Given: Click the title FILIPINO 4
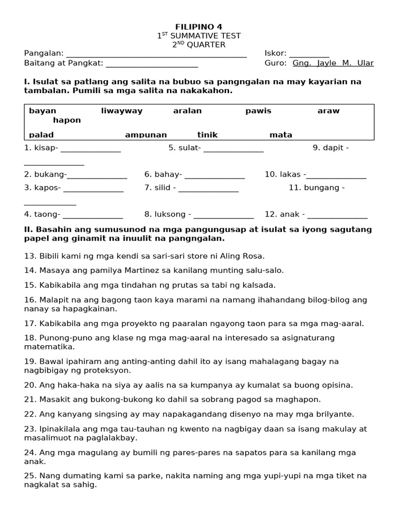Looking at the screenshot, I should click(199, 27).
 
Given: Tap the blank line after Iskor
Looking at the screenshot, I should click(309, 54).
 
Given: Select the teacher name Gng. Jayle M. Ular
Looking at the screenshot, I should click(333, 63).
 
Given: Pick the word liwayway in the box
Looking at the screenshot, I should click(122, 111).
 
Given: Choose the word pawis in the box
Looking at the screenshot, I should click(258, 111).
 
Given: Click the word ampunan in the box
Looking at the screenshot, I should click(146, 135).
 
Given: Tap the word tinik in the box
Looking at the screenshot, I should click(207, 135).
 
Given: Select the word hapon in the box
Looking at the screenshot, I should click(67, 120).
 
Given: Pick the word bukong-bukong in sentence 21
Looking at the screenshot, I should click(104, 399).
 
